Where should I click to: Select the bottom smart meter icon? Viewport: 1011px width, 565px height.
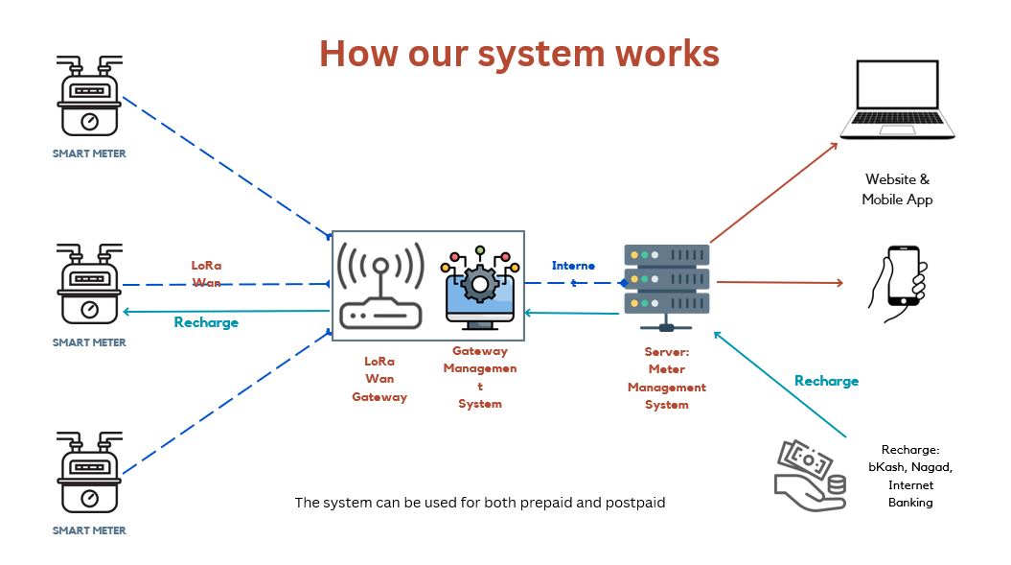pos(90,474)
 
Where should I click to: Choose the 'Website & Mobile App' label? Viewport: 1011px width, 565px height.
pos(897,189)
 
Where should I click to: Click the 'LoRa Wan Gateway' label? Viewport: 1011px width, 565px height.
pos(379,379)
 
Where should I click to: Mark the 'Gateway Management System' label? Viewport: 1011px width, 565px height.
pos(480,378)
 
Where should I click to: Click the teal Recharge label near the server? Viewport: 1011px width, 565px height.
pos(826,381)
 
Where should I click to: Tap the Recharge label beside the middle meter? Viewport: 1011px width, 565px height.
pos(206,323)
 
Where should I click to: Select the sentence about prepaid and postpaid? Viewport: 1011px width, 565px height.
pos(479,503)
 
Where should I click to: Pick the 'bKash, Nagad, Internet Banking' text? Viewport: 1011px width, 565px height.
pos(909,476)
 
